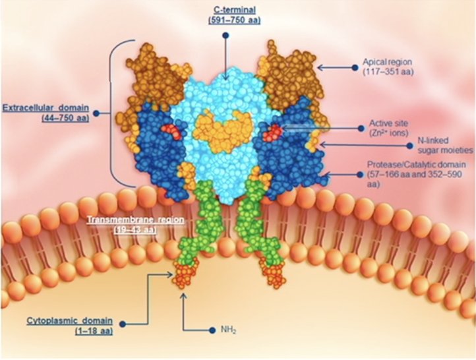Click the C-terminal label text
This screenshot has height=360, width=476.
pyautogui.click(x=235, y=10)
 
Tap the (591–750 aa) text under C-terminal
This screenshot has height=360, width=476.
pyautogui.click(x=234, y=20)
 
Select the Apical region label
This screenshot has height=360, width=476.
pyautogui.click(x=388, y=62)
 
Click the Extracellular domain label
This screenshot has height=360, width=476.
pyautogui.click(x=46, y=107)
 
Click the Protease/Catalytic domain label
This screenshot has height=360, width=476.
pyautogui.click(x=416, y=165)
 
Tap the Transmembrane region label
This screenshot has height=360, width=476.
pyautogui.click(x=135, y=220)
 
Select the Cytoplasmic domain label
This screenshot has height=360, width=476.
pyautogui.click(x=69, y=320)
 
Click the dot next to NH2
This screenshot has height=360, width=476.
pyautogui.click(x=212, y=330)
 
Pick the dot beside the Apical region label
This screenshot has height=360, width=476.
pyautogui.click(x=355, y=67)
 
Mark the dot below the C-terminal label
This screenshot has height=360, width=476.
pyautogui.click(x=225, y=36)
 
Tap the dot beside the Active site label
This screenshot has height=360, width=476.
pyautogui.click(x=361, y=129)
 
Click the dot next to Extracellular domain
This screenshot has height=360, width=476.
pyautogui.click(x=96, y=113)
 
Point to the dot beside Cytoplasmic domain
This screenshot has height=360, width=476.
pyautogui.click(x=123, y=324)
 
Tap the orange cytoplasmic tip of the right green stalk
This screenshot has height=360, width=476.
pyautogui.click(x=274, y=273)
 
